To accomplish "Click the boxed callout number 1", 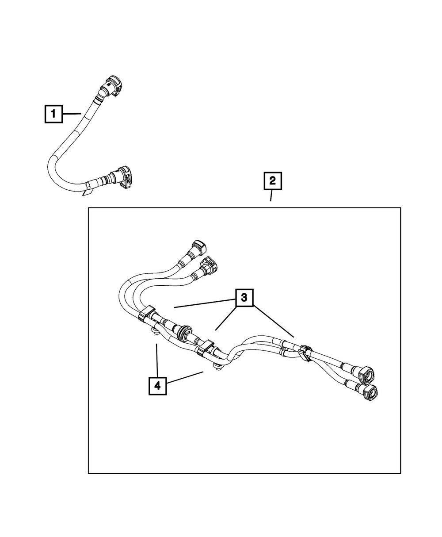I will [x=53, y=115].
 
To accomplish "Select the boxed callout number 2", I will [x=272, y=181].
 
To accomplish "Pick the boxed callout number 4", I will [x=157, y=385].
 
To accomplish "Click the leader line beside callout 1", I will [x=72, y=114].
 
